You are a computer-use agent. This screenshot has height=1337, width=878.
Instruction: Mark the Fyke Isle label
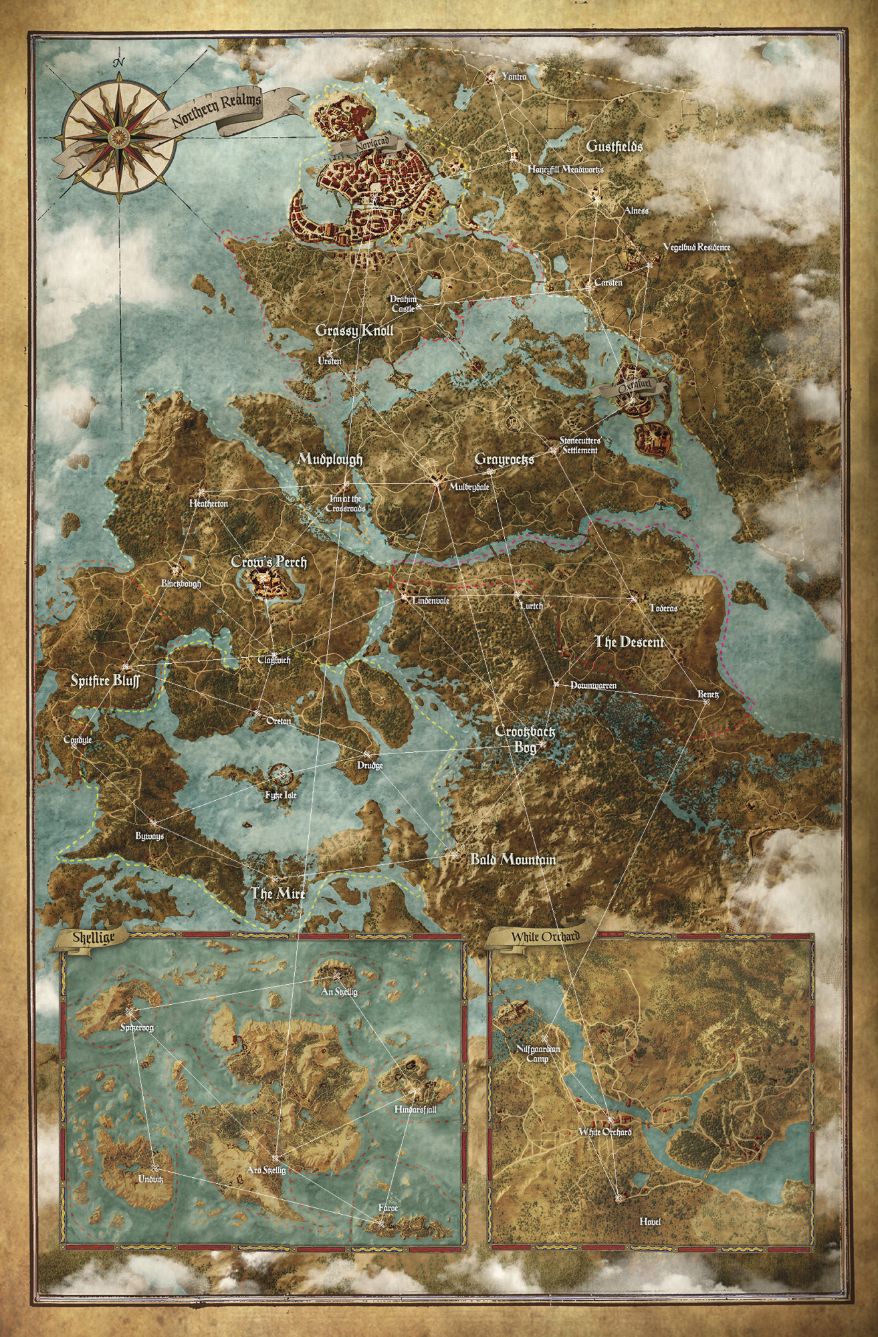280,796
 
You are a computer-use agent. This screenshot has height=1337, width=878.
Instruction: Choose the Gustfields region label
613,146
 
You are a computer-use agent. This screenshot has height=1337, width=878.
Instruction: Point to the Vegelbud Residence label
696,247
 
